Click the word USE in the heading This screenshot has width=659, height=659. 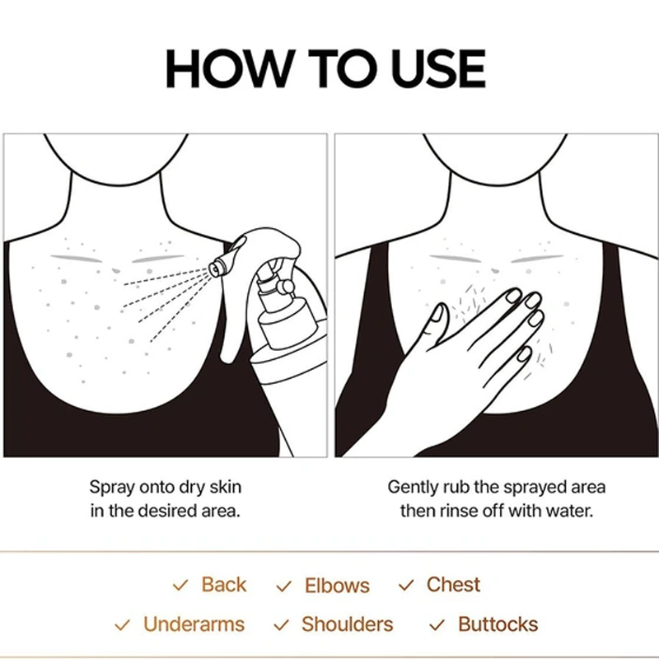[438, 68]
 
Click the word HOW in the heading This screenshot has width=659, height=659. [229, 68]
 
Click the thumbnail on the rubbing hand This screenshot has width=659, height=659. [437, 313]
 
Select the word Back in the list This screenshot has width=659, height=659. [224, 584]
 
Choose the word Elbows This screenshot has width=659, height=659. [337, 585]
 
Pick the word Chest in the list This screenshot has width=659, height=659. [454, 584]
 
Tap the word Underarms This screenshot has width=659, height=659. [194, 624]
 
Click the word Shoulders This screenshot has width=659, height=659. [347, 624]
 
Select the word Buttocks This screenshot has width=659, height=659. [498, 624]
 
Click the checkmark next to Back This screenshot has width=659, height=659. [180, 585]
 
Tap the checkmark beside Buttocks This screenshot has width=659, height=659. [437, 625]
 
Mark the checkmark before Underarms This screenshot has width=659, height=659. [122, 625]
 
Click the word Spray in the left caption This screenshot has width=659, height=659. [112, 488]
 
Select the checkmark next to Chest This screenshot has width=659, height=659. [406, 585]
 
